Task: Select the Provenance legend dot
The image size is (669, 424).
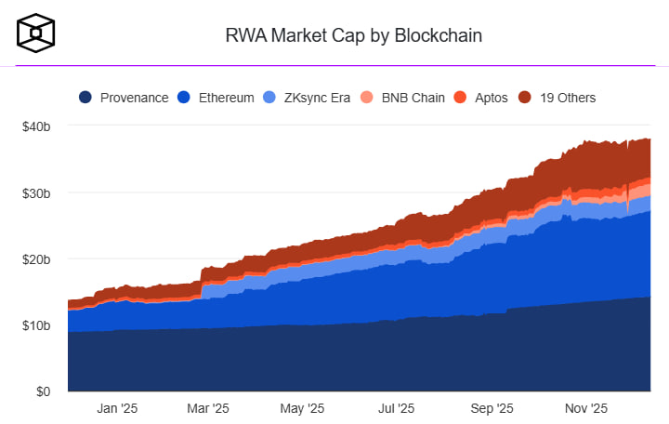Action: [x=85, y=97]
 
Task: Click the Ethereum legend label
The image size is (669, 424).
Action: [x=226, y=97]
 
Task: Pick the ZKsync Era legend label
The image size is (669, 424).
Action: [x=318, y=97]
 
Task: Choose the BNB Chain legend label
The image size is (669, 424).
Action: [x=413, y=97]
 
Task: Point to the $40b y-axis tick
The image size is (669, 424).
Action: [x=35, y=126]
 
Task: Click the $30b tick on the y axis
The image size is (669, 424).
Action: [x=35, y=192]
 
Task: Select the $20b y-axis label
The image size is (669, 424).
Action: [x=35, y=258]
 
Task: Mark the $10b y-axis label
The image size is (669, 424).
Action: [x=35, y=325]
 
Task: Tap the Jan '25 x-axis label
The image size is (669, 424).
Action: [x=117, y=407]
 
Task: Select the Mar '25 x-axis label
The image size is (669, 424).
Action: [x=208, y=407]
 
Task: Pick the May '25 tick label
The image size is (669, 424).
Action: [x=302, y=407]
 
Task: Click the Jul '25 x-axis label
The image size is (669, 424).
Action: [x=397, y=407]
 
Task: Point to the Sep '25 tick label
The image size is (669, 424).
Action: [x=492, y=407]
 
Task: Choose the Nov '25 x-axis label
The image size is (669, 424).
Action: [x=586, y=407]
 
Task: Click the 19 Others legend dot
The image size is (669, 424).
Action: [x=524, y=97]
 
